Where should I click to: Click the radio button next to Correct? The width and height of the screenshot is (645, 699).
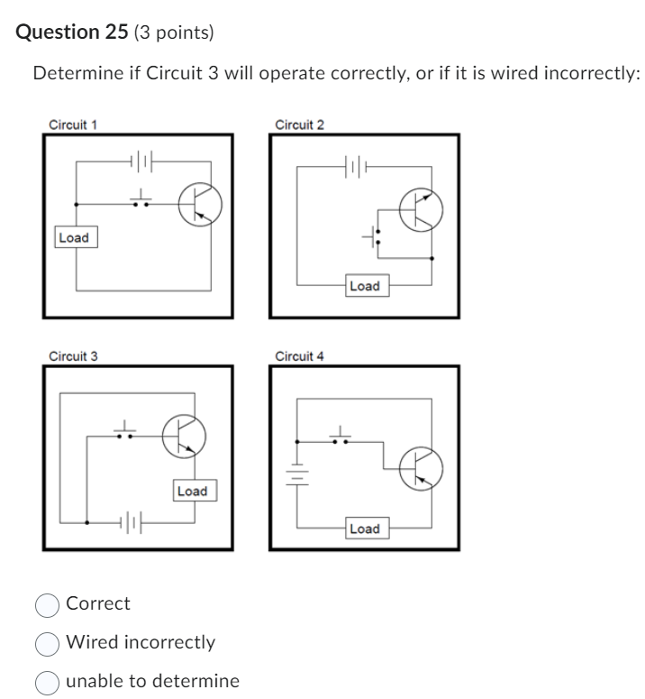pos(47,604)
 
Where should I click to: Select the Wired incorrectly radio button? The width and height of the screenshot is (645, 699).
pos(47,643)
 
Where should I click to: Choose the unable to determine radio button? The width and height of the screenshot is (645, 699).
pos(47,682)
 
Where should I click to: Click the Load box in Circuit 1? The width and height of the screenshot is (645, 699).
pos(73,238)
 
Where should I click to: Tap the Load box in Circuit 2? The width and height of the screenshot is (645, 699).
pos(364,286)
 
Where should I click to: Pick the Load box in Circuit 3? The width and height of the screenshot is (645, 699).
pos(192,491)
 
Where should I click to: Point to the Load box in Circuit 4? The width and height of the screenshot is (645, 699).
pos(364,529)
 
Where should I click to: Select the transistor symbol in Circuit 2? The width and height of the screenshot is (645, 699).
pos(421,211)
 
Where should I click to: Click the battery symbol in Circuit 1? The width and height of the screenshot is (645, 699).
pos(143,163)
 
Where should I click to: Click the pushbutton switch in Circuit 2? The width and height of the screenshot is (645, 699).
pos(376,237)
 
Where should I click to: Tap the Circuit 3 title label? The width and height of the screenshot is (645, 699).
pos(73,356)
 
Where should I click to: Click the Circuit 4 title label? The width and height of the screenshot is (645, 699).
pos(299,356)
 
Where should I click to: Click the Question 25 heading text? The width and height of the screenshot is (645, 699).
pos(72,32)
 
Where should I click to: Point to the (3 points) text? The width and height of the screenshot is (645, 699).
pos(174,33)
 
